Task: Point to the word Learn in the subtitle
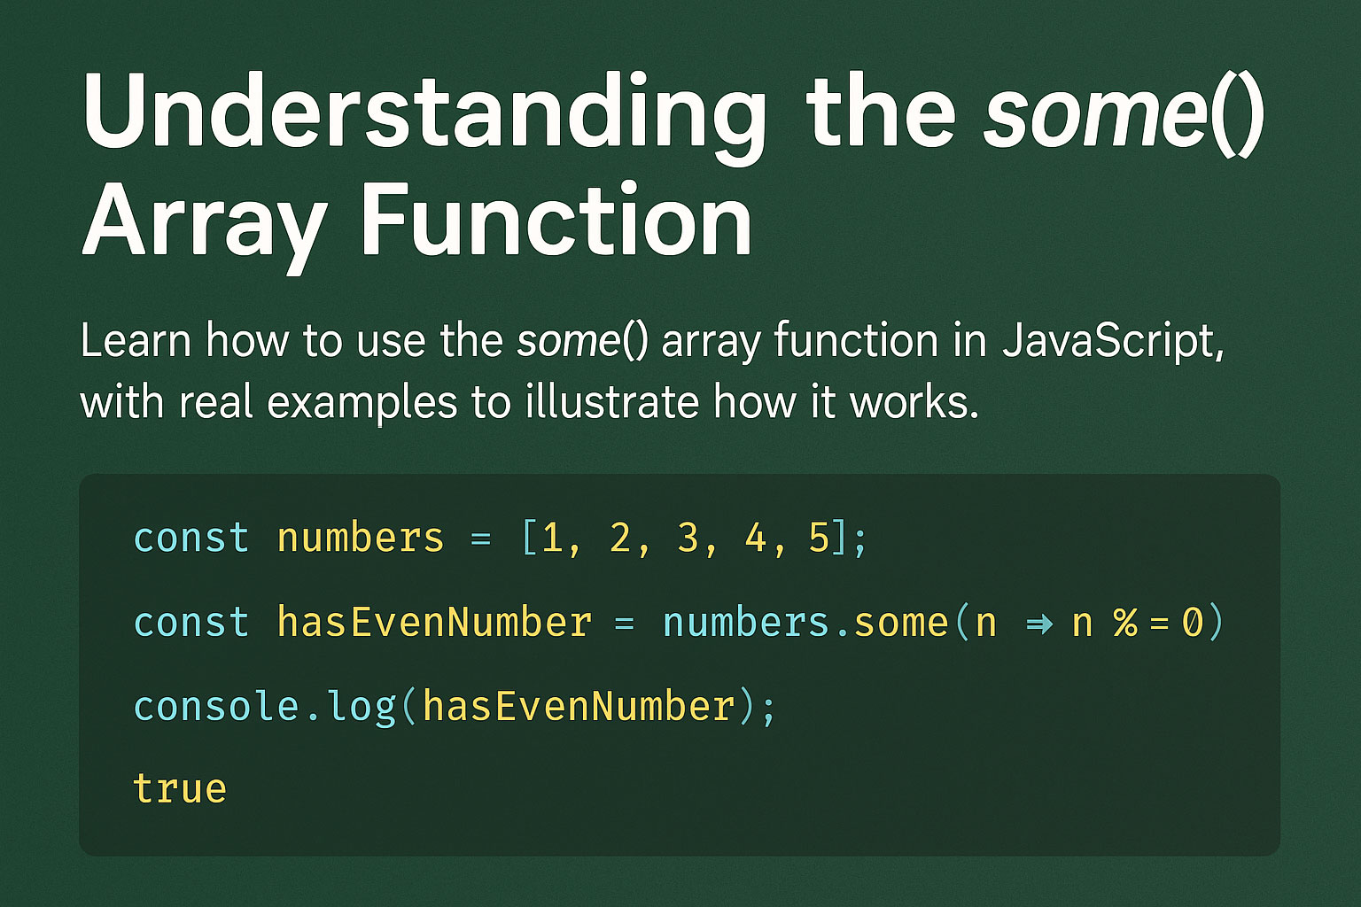tap(136, 340)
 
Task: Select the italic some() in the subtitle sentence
tap(582, 341)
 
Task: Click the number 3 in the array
tap(688, 539)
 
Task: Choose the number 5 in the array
tap(820, 539)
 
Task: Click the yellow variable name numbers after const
tap(361, 539)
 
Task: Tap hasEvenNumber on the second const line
tap(434, 622)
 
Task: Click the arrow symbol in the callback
tap(1039, 624)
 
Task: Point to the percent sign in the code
tap(1125, 622)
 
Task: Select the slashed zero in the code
tap(1193, 622)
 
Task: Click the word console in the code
tap(216, 707)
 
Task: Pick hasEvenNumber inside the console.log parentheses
tap(579, 706)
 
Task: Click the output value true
tap(180, 789)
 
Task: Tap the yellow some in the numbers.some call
tap(901, 623)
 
